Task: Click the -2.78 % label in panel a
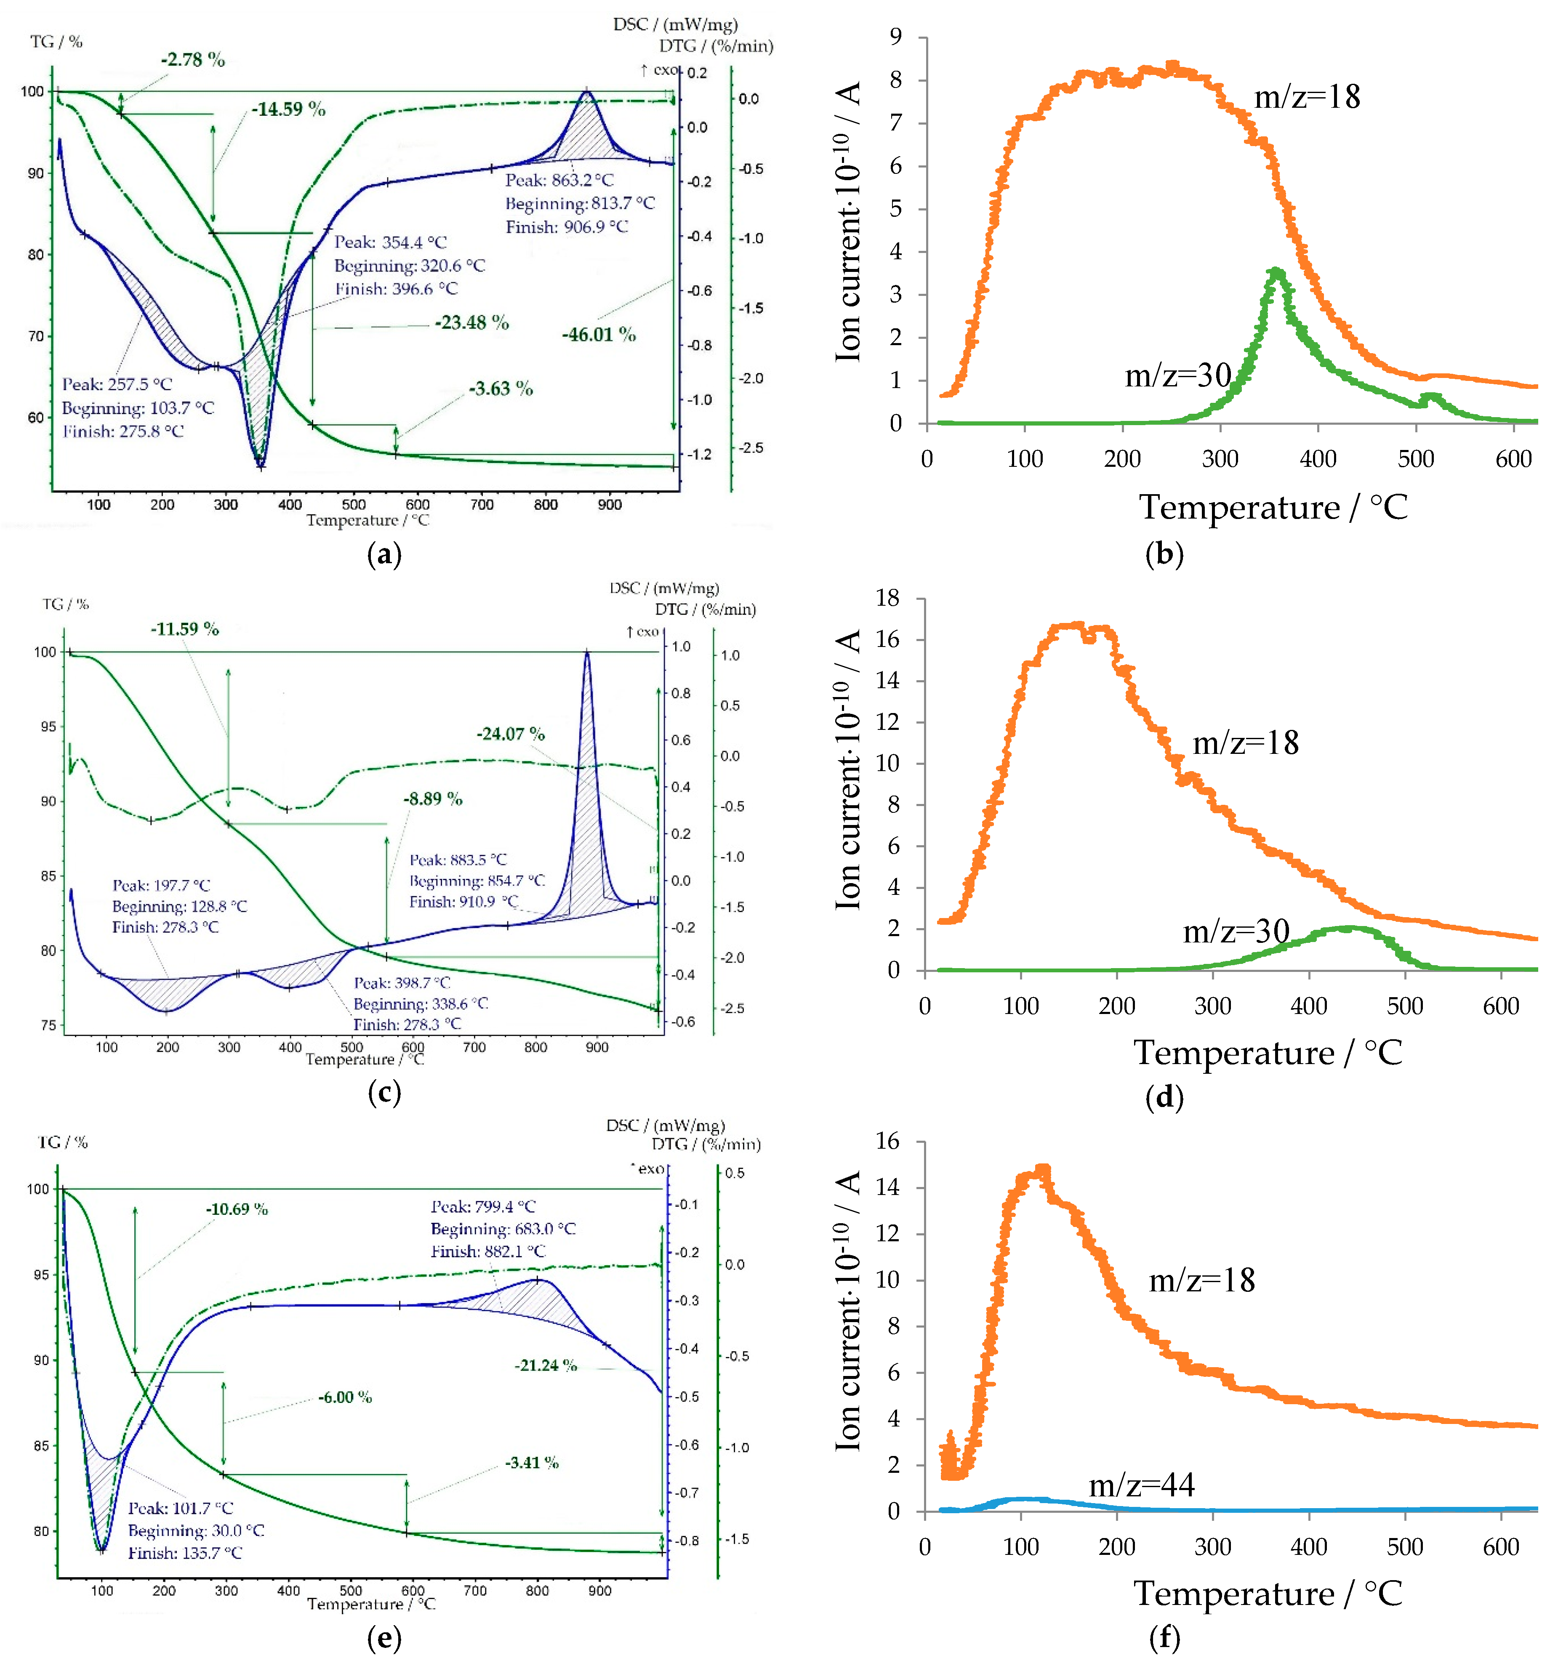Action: [193, 59]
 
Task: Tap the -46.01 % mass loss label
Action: [598, 334]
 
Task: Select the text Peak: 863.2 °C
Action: [559, 180]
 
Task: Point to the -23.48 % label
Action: [472, 323]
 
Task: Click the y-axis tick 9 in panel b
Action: [896, 37]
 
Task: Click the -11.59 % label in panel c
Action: [184, 628]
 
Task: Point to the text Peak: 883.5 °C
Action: [458, 860]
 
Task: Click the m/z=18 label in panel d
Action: [1245, 743]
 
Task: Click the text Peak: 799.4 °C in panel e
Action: [483, 1207]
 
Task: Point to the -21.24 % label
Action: [546, 1365]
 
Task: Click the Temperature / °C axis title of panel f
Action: [1267, 1593]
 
